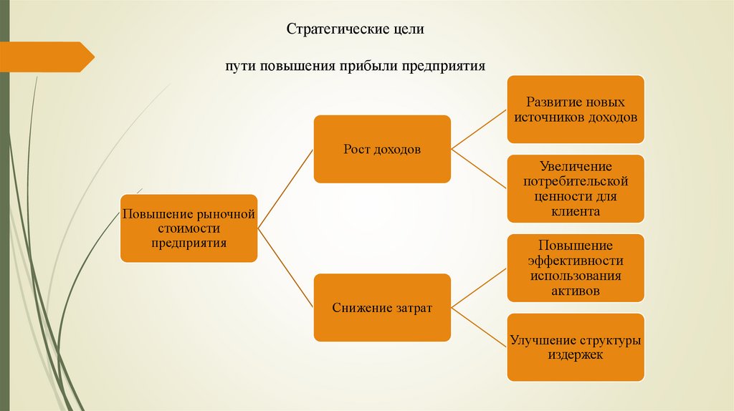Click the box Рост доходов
382,150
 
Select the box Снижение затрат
382,307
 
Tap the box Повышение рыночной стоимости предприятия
189,228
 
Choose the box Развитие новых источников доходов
575,110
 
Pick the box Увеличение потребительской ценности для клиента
575,188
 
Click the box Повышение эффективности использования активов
575,268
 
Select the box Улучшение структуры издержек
575,347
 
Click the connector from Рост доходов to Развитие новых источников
479,130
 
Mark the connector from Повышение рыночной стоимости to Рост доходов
285,189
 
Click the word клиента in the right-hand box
576,212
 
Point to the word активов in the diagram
576,291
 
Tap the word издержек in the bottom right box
576,354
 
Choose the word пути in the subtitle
237,66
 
